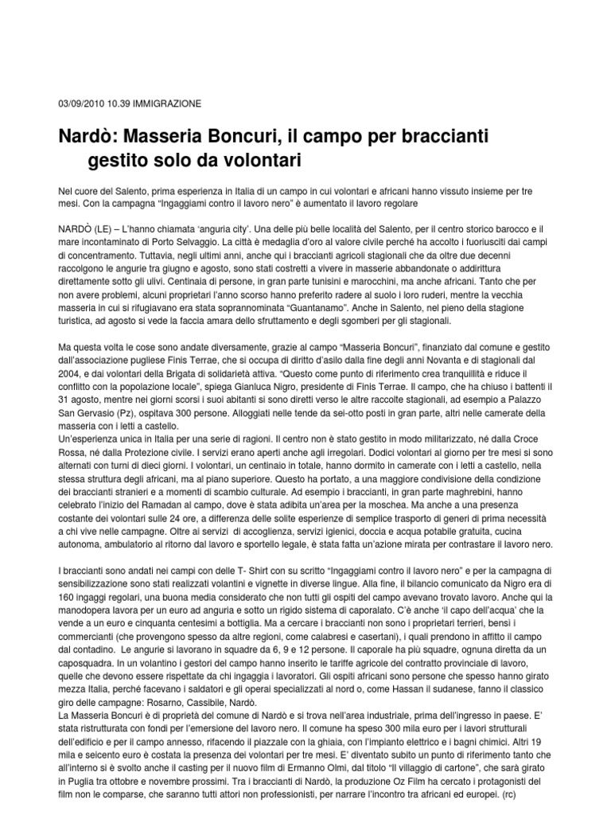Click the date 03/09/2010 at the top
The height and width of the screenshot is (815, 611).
[83, 104]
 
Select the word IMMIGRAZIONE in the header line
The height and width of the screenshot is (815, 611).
[168, 104]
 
